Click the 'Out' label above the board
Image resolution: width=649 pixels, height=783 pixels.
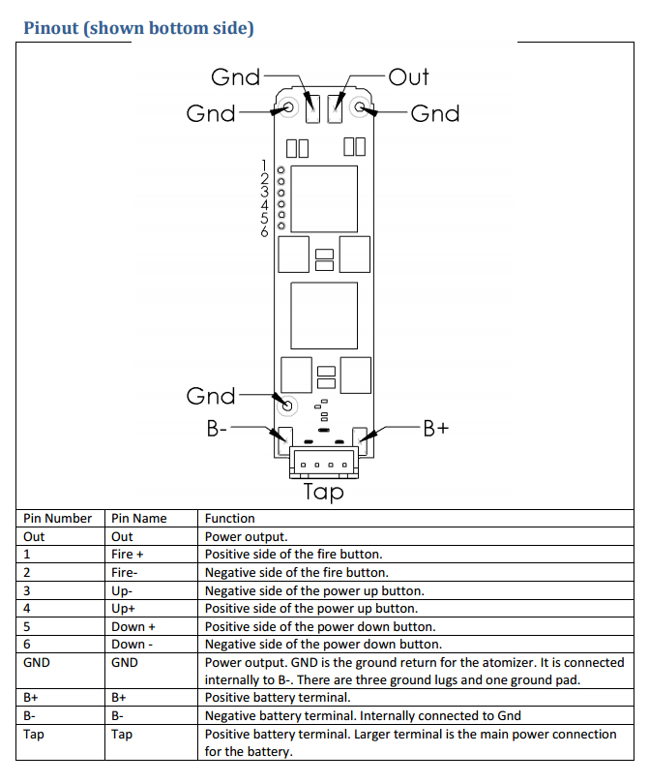click(x=408, y=77)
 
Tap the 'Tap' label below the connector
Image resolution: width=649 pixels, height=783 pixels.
click(x=324, y=492)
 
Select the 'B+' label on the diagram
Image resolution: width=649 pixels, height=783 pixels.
click(x=436, y=429)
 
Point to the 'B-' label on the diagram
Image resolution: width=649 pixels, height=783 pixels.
click(x=217, y=429)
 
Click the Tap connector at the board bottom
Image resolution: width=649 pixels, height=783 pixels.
click(x=324, y=462)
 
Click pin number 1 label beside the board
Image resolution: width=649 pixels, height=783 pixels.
click(x=264, y=166)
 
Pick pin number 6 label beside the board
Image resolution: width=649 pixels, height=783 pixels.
click(x=264, y=231)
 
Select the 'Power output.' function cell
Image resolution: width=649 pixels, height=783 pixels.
click(x=247, y=537)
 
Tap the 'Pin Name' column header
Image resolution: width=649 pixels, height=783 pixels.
click(x=138, y=519)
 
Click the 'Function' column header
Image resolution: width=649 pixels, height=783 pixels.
click(x=229, y=519)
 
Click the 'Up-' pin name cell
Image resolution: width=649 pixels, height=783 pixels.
click(x=122, y=590)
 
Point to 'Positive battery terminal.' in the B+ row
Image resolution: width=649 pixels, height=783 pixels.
click(x=278, y=698)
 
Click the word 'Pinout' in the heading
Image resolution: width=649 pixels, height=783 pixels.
click(x=51, y=28)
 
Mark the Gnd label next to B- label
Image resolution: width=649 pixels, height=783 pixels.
click(x=211, y=396)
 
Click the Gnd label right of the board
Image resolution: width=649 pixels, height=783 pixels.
click(x=435, y=114)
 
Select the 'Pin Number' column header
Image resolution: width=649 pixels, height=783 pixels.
click(x=57, y=519)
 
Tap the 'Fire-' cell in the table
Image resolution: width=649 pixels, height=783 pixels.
click(x=124, y=573)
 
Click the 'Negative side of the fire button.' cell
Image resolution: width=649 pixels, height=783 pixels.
click(x=296, y=573)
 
